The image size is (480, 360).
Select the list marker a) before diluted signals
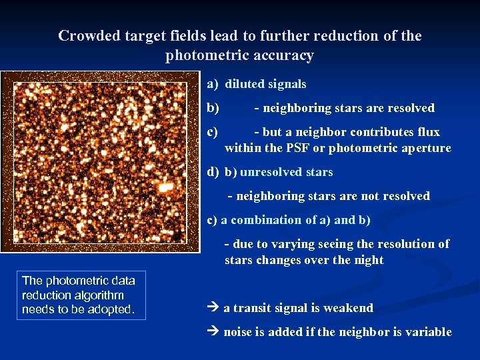[x=213, y=84]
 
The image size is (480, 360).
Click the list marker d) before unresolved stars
[x=213, y=172]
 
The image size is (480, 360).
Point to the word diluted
[x=245, y=84]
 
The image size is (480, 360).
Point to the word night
[x=368, y=260]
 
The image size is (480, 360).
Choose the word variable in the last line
[x=430, y=332]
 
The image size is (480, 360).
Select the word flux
[x=427, y=132]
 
